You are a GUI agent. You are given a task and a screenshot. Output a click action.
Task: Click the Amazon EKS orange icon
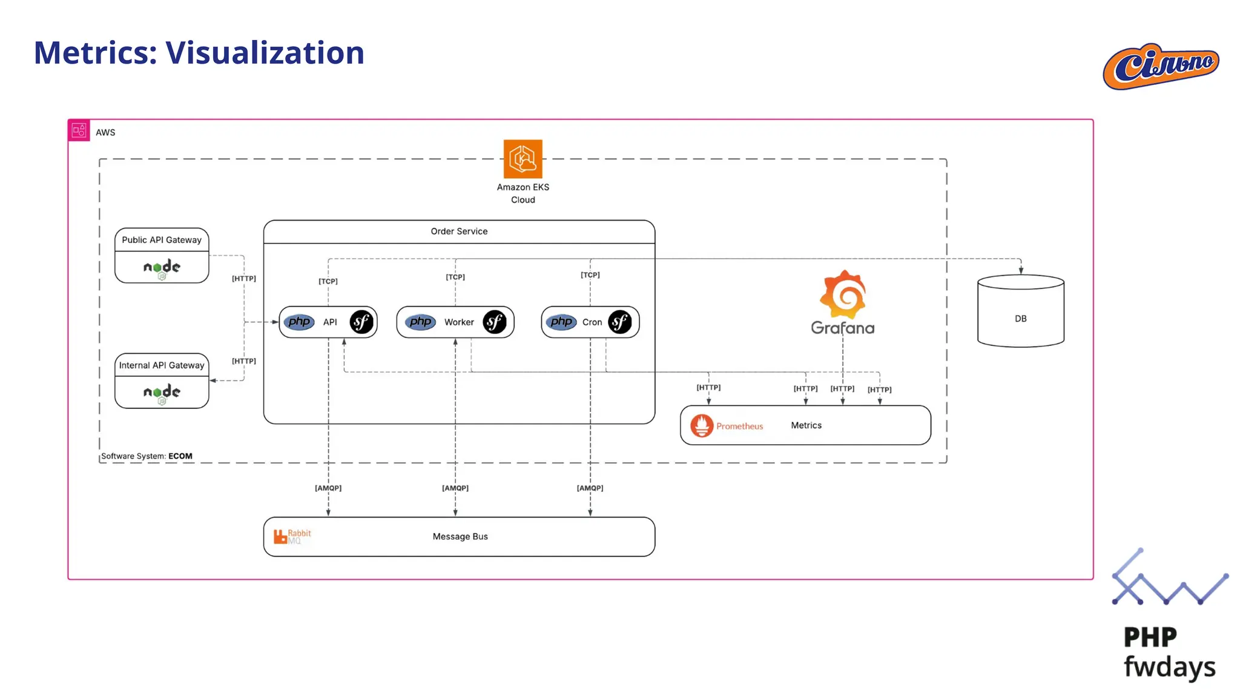523,159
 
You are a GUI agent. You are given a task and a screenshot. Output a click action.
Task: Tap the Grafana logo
843,302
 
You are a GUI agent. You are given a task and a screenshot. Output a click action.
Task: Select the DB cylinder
1020,311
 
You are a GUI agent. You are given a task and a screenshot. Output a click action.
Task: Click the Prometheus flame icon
702,425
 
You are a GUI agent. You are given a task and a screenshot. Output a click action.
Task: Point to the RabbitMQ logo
292,536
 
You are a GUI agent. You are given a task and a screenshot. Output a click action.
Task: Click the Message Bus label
460,536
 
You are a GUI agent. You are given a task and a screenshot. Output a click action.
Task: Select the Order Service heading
459,231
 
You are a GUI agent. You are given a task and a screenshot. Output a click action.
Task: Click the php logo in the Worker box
420,322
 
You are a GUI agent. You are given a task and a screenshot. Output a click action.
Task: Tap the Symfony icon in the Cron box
619,322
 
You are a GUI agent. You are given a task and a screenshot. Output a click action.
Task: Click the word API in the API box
330,322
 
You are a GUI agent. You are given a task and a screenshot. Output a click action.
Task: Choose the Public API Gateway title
162,240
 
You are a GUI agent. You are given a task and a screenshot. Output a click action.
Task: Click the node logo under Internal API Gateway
162,392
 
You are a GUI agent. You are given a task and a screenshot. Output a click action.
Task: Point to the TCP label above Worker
455,277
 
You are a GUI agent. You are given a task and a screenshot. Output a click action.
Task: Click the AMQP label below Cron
590,488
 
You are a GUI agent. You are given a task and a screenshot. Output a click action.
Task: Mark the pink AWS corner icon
79,130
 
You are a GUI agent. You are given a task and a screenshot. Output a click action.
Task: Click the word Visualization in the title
265,53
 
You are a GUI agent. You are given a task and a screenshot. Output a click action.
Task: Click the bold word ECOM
180,456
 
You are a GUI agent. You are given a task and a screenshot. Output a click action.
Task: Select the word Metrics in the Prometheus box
806,425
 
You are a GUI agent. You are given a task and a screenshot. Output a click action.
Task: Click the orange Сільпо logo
1161,66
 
